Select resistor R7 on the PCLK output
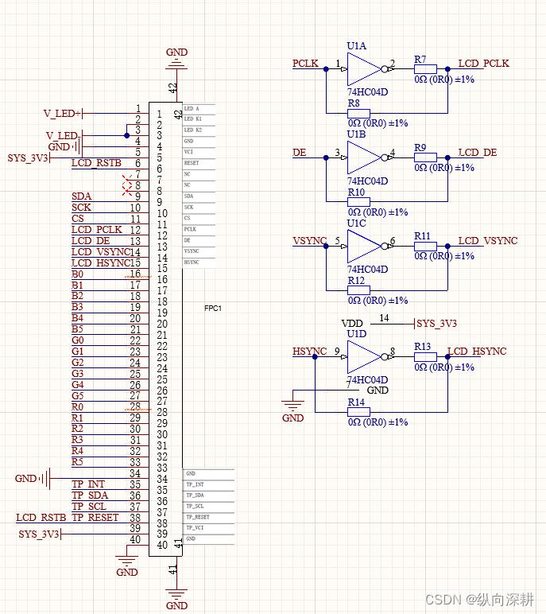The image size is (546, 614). point(424,70)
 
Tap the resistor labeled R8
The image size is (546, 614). point(358,113)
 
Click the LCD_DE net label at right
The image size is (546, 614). point(478,152)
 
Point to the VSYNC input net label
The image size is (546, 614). point(309,241)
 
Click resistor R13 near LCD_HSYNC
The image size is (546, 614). point(424,357)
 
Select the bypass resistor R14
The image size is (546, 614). point(358,412)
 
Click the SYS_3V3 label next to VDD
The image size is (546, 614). point(437,324)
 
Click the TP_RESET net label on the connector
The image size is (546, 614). point(95,517)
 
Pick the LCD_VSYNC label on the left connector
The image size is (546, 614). point(99,252)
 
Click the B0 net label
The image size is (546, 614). point(77,274)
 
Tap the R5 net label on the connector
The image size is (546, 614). point(77,461)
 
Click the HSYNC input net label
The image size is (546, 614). point(309,351)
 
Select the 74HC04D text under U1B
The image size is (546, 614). point(367,181)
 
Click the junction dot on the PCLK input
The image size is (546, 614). point(326,70)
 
